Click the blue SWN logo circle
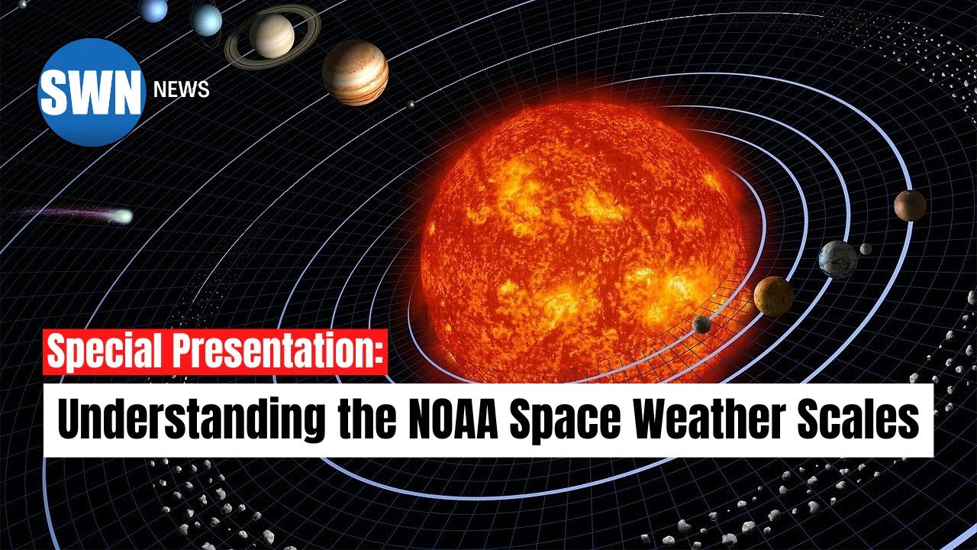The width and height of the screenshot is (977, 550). (91, 92)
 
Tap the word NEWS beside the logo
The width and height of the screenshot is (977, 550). (181, 90)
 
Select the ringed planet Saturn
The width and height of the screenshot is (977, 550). (272, 36)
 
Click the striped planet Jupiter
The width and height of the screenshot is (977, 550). (355, 72)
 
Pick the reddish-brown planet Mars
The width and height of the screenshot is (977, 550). (910, 205)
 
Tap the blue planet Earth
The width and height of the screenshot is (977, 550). (837, 258)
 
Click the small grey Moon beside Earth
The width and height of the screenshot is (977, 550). (866, 248)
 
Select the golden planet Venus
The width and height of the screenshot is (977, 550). (773, 296)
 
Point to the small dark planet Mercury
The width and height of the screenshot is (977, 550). (701, 324)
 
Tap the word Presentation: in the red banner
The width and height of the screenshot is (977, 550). (277, 353)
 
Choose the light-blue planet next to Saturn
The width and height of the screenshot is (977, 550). (206, 20)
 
